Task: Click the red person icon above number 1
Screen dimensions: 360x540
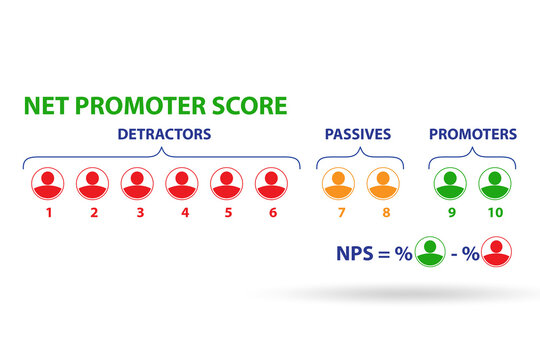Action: [48, 182]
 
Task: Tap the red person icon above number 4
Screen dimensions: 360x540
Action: [182, 182]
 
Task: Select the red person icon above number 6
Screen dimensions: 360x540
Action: [271, 182]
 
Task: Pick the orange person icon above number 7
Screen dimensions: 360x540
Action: [338, 182]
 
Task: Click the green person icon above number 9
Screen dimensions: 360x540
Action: [450, 182]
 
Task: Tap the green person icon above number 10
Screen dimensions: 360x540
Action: [494, 182]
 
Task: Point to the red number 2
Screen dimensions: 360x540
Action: [93, 212]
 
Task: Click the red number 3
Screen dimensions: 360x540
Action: [138, 212]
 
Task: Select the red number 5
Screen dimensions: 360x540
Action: [227, 212]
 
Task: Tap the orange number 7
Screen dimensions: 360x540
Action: [338, 212]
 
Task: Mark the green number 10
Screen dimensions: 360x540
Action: [494, 212]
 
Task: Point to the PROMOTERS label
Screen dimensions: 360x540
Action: [472, 134]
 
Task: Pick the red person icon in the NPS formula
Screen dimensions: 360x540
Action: [497, 252]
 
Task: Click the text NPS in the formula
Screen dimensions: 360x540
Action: [355, 253]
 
